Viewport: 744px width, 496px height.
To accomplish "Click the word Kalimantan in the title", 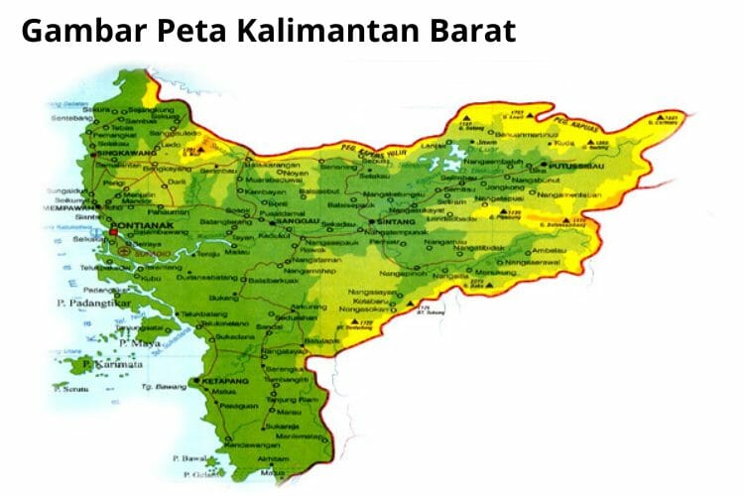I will tap(335, 31).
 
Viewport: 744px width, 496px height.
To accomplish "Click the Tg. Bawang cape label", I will tap(157, 384).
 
